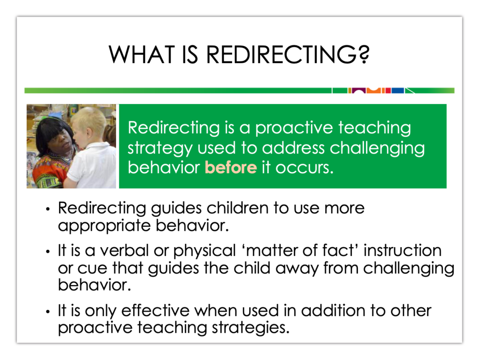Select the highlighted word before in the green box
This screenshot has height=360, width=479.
(231, 168)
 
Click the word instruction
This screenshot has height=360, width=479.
(402, 250)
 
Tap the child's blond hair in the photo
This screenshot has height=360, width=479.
(89, 120)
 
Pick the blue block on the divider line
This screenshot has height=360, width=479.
(397, 90)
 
